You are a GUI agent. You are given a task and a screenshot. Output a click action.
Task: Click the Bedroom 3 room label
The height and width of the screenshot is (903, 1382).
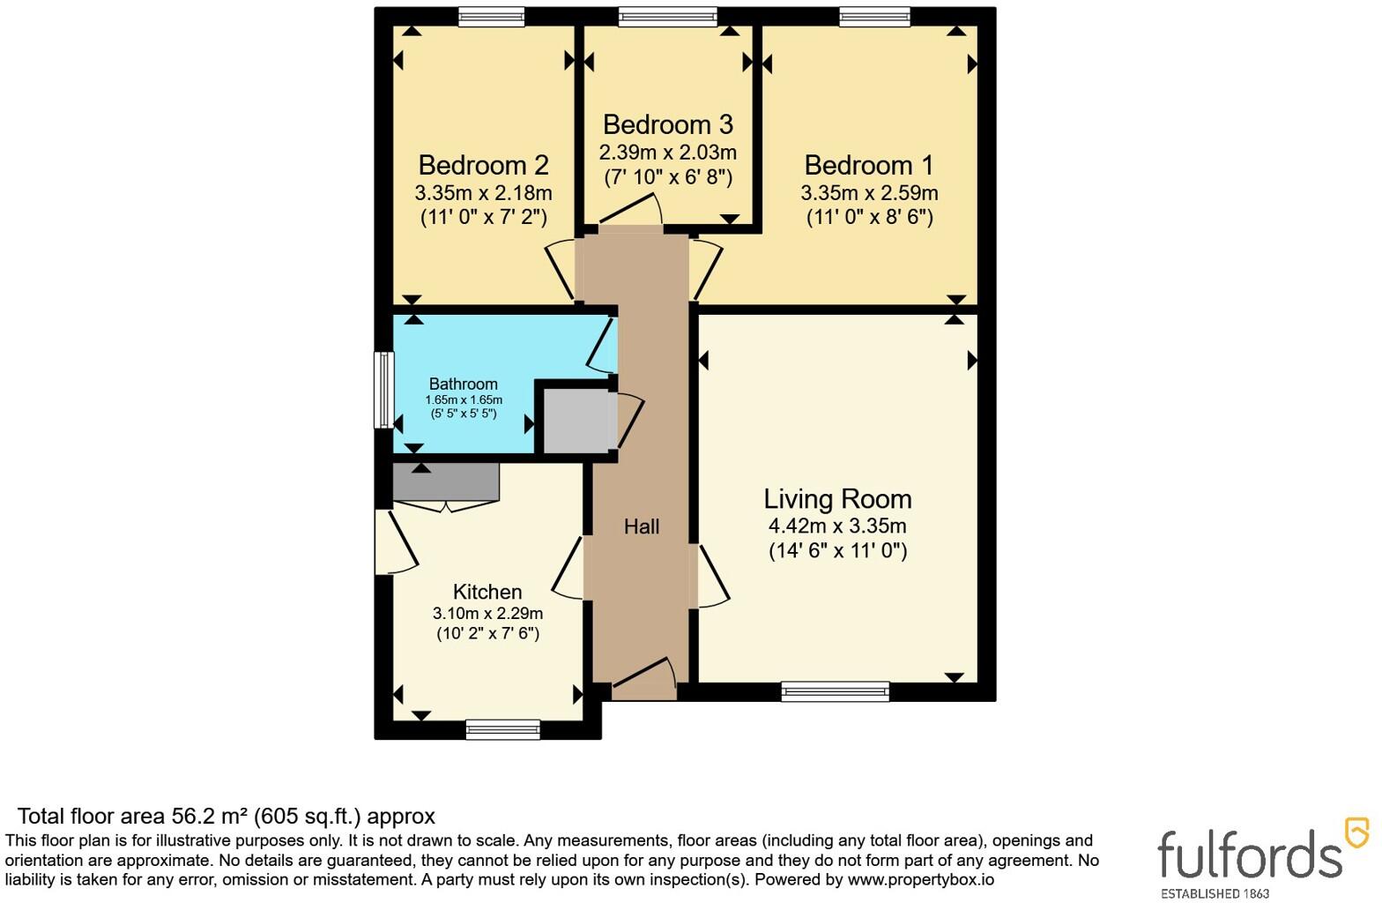click(x=667, y=124)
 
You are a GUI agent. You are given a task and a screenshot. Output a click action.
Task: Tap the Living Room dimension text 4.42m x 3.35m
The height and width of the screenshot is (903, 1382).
click(x=837, y=526)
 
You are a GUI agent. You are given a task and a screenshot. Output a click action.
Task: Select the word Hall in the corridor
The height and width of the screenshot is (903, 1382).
click(x=642, y=526)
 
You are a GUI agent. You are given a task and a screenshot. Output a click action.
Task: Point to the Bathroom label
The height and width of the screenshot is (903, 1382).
click(x=464, y=384)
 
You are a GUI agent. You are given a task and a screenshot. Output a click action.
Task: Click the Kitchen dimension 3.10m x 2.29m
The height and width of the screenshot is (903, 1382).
click(x=487, y=614)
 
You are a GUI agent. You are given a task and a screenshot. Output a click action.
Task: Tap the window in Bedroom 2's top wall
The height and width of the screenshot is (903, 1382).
click(x=492, y=17)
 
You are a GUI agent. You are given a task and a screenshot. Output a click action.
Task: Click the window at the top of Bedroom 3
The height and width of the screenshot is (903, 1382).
click(x=667, y=17)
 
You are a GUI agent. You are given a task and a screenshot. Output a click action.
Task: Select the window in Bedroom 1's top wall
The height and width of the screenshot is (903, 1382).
click(x=875, y=17)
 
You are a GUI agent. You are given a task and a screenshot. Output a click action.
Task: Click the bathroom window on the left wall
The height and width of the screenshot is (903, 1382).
click(x=384, y=390)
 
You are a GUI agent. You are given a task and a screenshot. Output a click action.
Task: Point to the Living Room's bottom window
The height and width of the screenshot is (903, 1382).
click(x=836, y=691)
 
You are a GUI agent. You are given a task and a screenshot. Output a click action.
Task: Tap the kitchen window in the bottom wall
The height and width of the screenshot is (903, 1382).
click(x=502, y=729)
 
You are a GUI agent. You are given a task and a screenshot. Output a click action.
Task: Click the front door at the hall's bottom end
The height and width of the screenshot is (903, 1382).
click(x=644, y=680)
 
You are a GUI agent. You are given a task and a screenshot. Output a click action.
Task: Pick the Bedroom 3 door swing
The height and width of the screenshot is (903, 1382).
click(x=630, y=211)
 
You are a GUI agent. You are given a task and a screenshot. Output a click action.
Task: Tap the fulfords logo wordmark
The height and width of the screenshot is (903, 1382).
click(x=1250, y=854)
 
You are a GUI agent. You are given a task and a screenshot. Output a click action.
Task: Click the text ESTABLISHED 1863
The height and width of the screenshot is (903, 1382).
click(x=1215, y=893)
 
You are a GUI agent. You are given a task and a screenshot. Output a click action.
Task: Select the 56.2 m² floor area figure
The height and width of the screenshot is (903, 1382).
click(x=210, y=816)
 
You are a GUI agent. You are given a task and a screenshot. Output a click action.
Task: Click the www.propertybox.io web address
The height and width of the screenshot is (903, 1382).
click(x=921, y=879)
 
